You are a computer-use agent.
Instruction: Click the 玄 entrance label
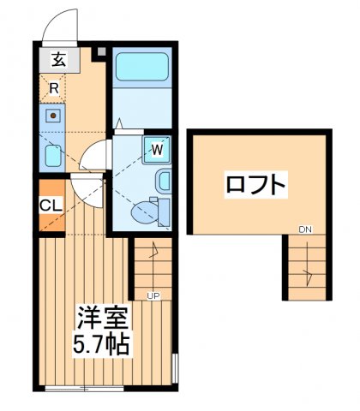coord(57,62)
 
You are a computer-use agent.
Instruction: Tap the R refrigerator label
coord(53,86)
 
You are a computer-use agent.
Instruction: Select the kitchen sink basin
coord(53,115)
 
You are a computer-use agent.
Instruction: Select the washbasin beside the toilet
coord(164,181)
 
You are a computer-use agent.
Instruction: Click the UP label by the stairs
coord(155,296)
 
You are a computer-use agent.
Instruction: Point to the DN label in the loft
coord(305,229)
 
